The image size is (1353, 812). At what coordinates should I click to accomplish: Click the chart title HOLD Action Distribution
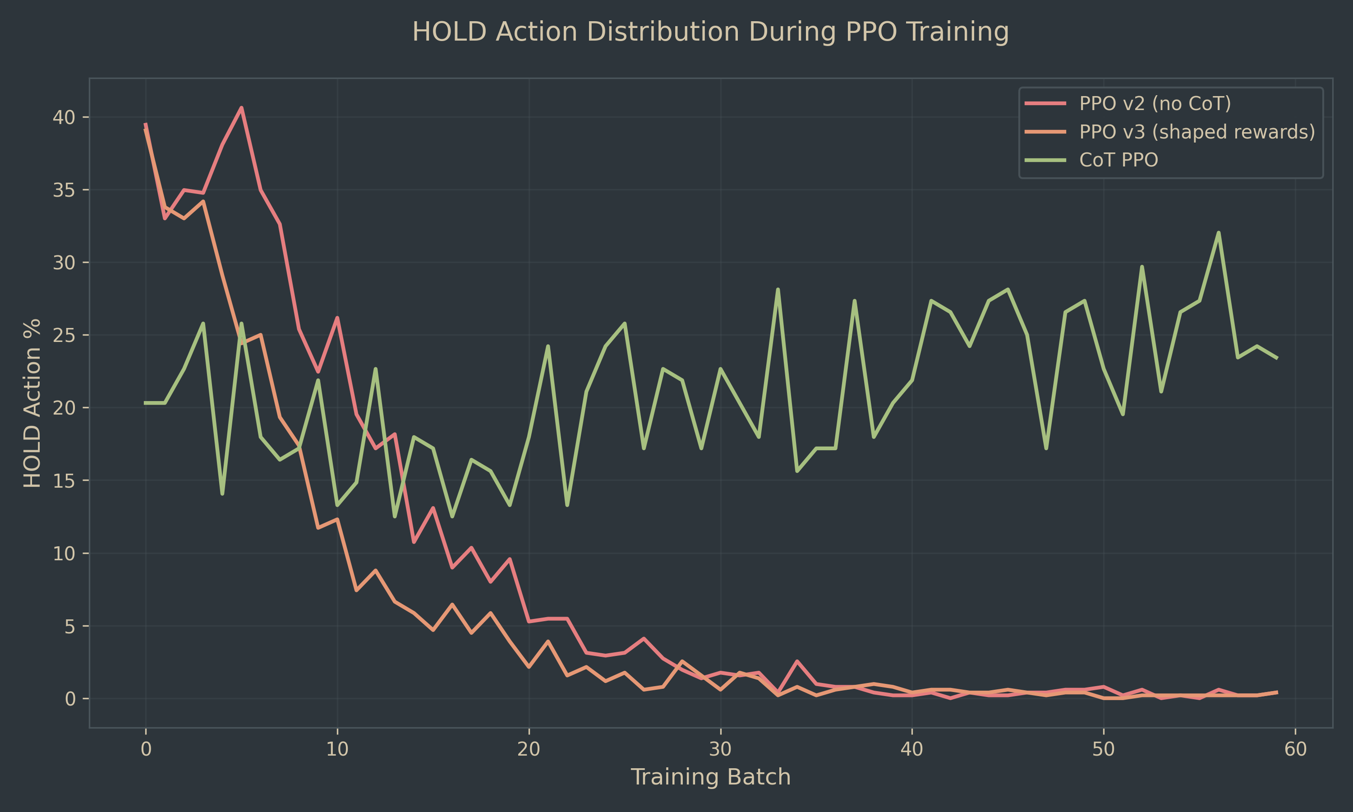click(x=710, y=32)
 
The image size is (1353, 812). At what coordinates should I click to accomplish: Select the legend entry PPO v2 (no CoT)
click(x=1155, y=103)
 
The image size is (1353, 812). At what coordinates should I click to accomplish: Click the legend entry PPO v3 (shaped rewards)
click(x=1197, y=132)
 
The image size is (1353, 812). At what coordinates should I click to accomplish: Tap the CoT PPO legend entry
click(x=1118, y=160)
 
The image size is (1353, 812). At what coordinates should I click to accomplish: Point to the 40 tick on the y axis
click(x=64, y=117)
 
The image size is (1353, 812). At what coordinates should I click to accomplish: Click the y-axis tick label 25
click(x=64, y=335)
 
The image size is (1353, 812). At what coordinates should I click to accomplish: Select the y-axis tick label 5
click(x=69, y=626)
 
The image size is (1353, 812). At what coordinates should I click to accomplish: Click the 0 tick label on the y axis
click(x=69, y=699)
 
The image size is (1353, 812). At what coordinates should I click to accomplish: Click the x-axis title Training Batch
click(x=710, y=777)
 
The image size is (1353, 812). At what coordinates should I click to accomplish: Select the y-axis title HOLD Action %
click(x=32, y=403)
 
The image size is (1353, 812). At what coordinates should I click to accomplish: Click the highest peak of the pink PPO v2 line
click(x=241, y=108)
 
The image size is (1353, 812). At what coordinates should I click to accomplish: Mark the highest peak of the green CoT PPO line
click(x=1219, y=232)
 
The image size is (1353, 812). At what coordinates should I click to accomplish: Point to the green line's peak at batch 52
click(x=1142, y=267)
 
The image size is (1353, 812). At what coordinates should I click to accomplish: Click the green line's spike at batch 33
click(x=778, y=290)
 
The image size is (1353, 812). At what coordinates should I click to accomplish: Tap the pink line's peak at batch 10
click(x=337, y=318)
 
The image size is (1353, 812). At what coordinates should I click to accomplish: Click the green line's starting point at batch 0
click(x=146, y=403)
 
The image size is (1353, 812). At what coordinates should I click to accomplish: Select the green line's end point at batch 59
click(x=1276, y=358)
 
